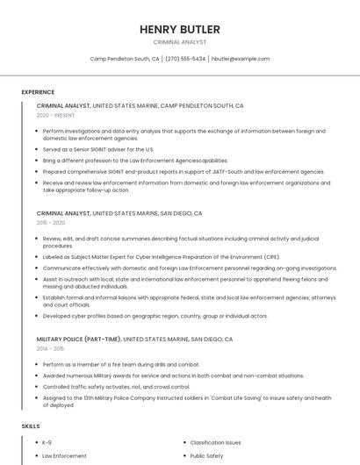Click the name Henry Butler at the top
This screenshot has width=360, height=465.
(179, 29)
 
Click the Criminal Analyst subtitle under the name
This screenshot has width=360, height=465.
(179, 42)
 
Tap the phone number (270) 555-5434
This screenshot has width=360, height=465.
(185, 59)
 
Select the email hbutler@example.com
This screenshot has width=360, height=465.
(241, 59)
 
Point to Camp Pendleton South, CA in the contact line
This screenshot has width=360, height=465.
(125, 59)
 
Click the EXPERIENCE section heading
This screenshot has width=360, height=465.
(38, 92)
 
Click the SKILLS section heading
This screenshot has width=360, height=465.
(31, 426)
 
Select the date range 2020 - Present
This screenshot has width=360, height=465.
(55, 115)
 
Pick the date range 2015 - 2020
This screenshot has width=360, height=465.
(51, 223)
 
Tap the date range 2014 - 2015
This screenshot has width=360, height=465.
(51, 348)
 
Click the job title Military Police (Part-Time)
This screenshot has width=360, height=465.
(78, 339)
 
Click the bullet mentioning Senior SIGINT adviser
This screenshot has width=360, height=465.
(98, 149)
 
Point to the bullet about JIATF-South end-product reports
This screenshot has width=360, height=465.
(171, 172)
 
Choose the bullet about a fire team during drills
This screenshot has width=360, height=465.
(121, 364)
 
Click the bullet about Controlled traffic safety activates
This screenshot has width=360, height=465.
(116, 386)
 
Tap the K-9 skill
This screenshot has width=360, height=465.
(47, 443)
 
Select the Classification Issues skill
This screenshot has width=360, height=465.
(215, 443)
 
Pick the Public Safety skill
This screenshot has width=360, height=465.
(206, 456)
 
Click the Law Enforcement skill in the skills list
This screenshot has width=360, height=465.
(65, 456)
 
